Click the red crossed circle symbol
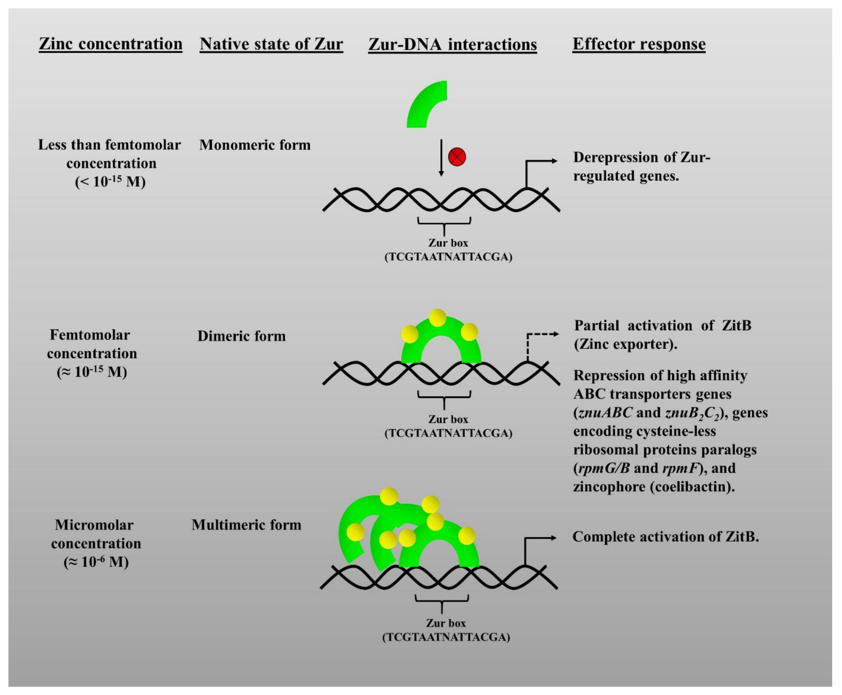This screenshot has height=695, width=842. (x=457, y=156)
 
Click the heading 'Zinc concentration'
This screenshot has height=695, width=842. (x=110, y=44)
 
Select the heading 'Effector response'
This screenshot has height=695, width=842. (x=639, y=44)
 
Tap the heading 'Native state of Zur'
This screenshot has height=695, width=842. (x=271, y=44)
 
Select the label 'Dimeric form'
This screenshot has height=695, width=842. (x=242, y=336)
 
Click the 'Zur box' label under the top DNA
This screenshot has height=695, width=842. (x=448, y=243)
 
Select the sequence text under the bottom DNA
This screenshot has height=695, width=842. (x=446, y=637)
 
